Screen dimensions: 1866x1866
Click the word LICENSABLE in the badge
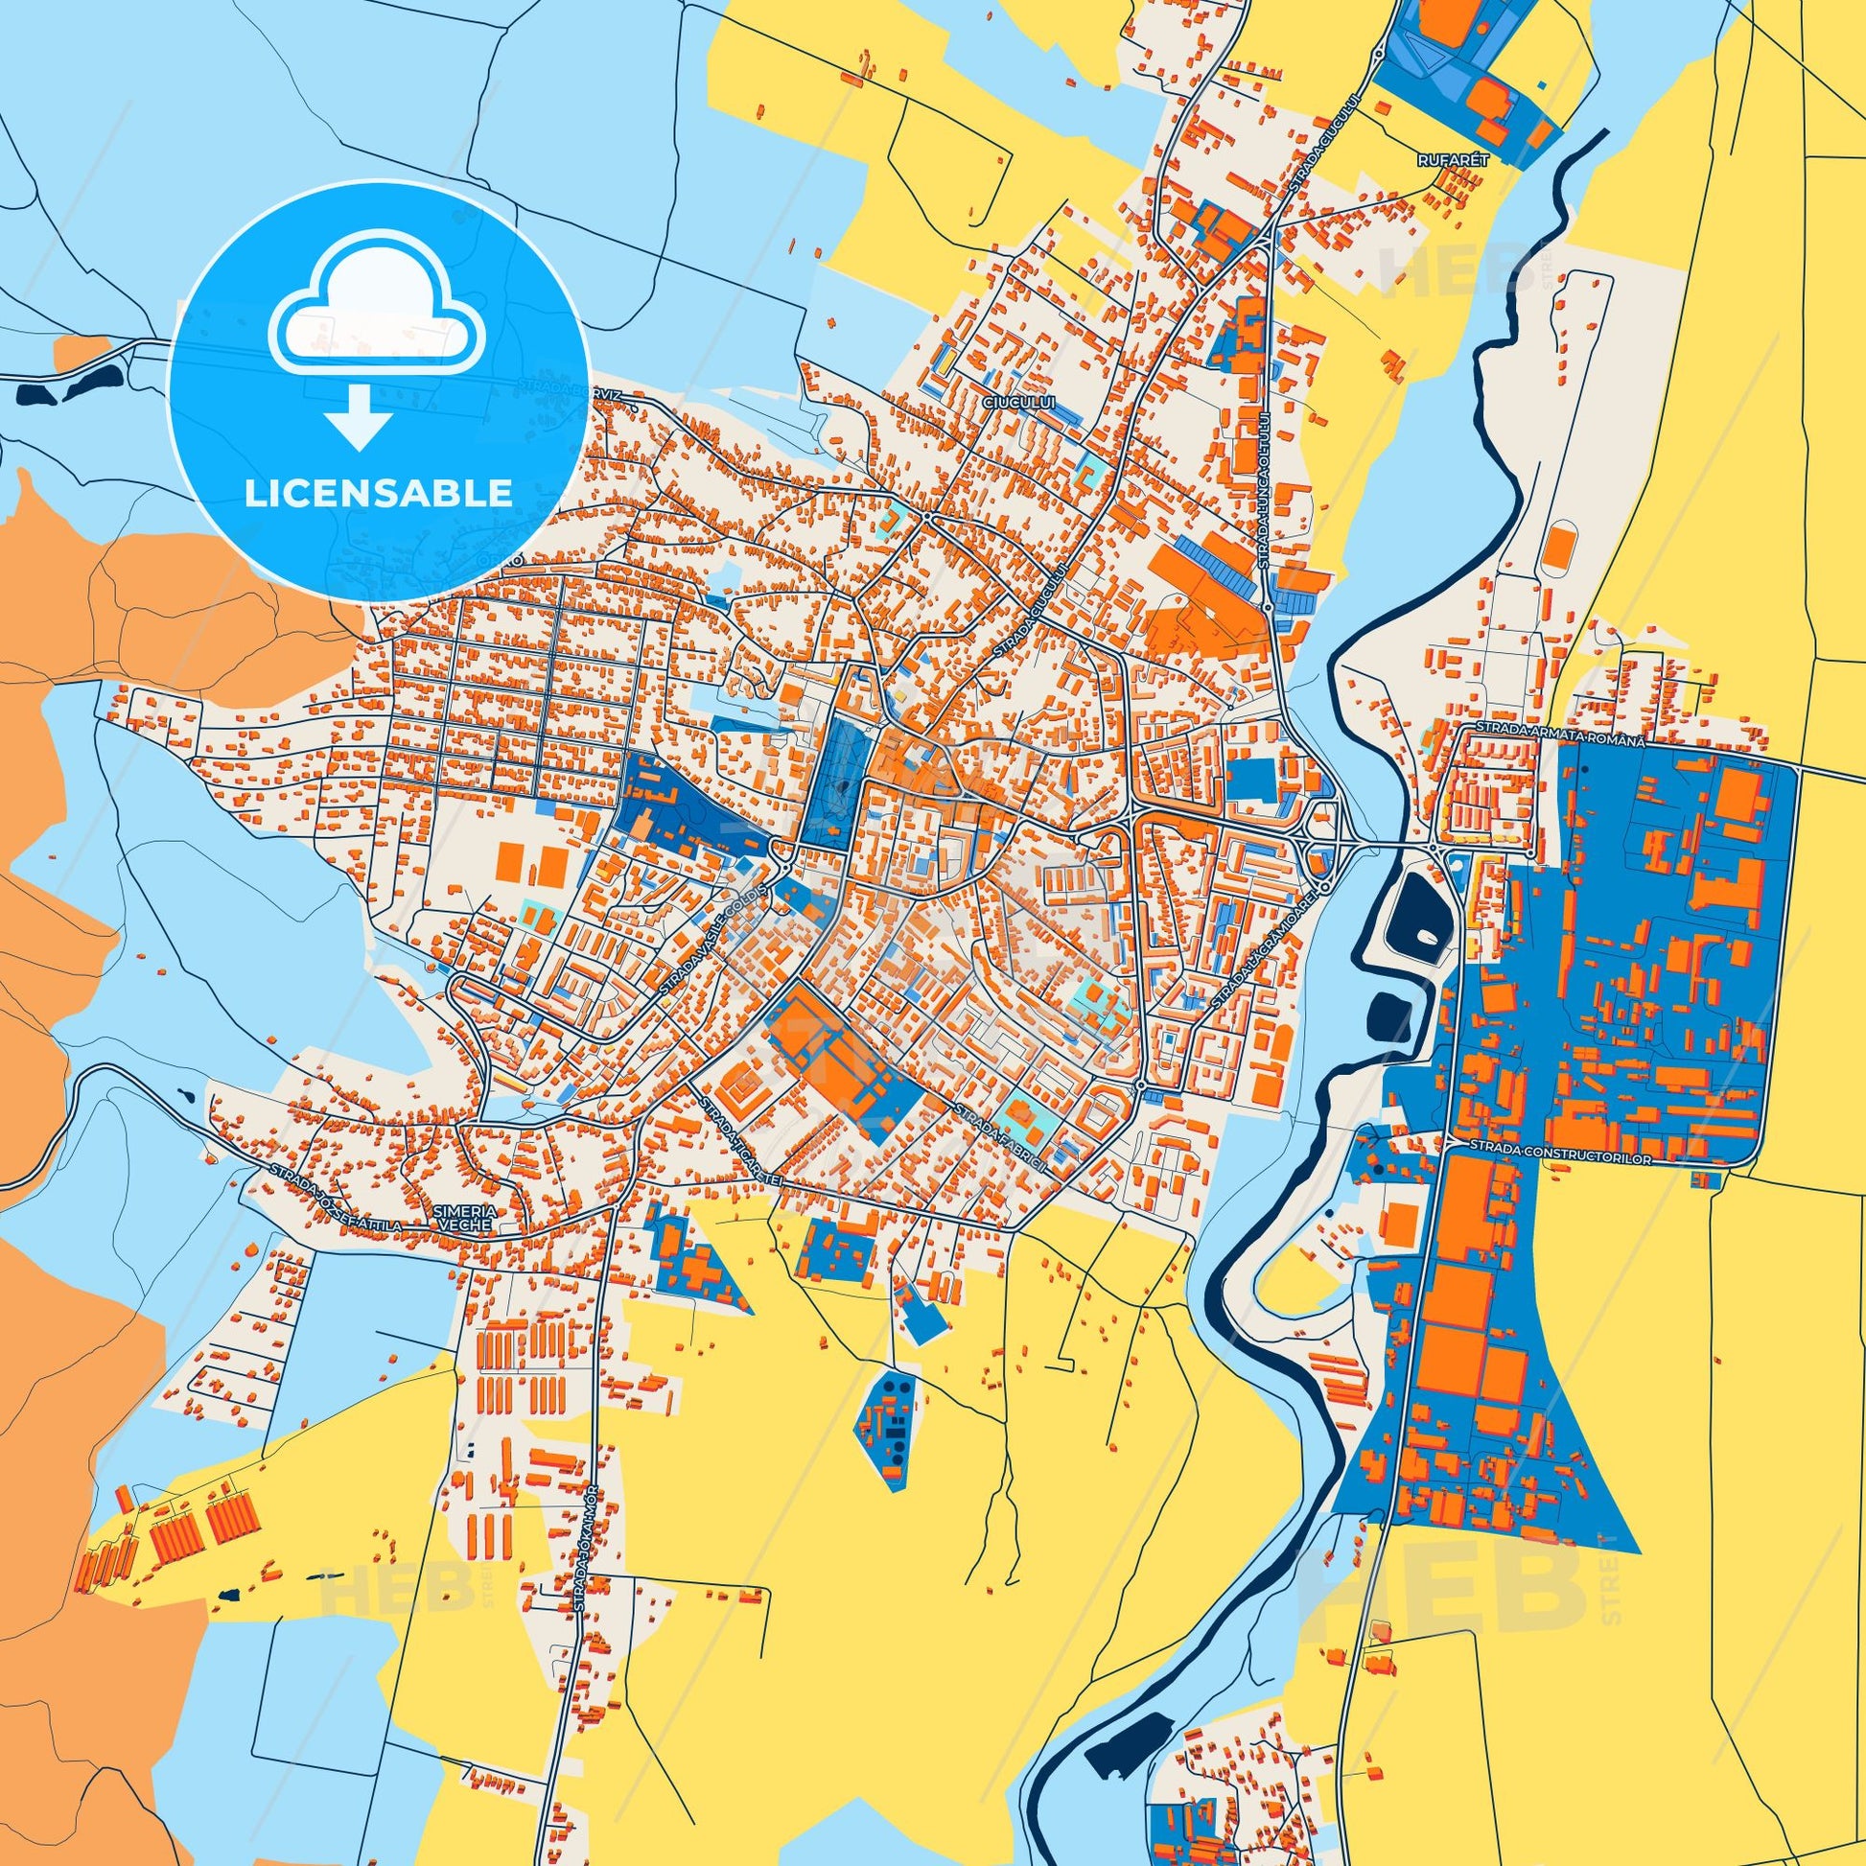coord(378,493)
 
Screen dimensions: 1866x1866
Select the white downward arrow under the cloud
coord(359,418)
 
